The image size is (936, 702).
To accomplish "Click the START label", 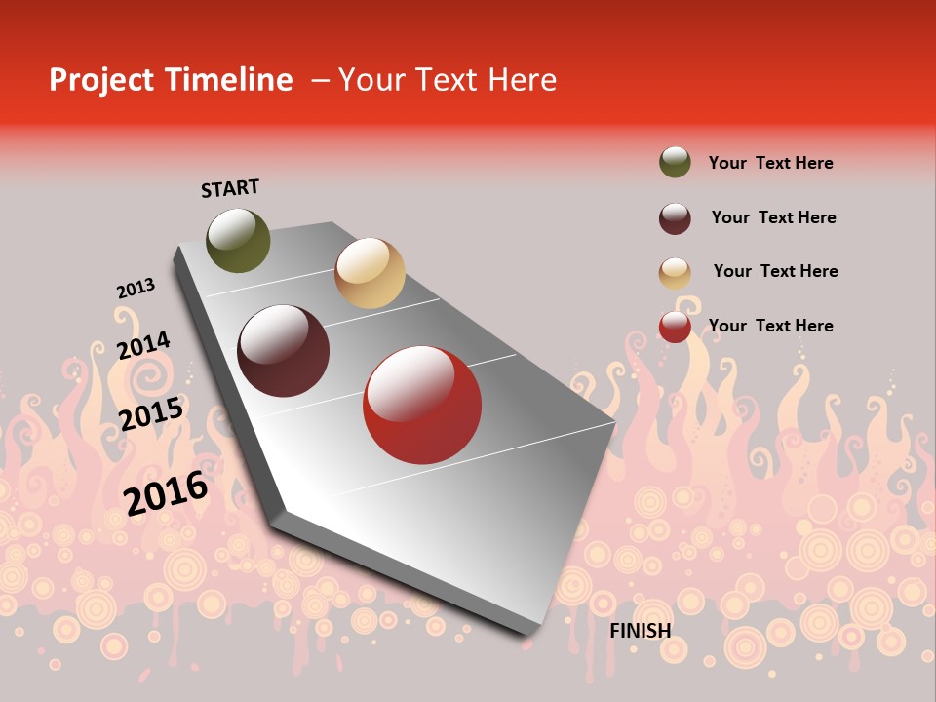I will (x=230, y=188).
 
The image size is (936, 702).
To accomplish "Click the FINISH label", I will (x=641, y=631).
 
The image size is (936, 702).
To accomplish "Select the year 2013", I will (x=136, y=289).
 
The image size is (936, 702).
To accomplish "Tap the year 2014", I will (x=143, y=346).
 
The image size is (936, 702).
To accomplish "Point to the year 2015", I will (x=151, y=414).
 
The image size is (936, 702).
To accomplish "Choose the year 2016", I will (x=166, y=492).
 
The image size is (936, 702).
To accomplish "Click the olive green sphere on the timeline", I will (x=238, y=240).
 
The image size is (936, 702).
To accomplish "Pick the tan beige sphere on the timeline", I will (x=370, y=273).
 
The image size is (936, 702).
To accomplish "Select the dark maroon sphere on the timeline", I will (x=284, y=351).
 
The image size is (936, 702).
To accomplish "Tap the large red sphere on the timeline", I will (x=422, y=405).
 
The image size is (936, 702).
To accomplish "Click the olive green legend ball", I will (x=675, y=162).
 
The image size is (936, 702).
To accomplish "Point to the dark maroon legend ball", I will (x=675, y=218).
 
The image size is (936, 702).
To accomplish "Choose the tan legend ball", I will (x=675, y=273).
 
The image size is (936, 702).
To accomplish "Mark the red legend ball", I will (x=675, y=327).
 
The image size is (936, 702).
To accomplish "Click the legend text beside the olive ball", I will (x=770, y=163).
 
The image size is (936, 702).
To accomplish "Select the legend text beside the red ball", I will (x=770, y=326).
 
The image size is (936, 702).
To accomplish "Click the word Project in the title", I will (x=101, y=80).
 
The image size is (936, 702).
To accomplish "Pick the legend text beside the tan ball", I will (x=775, y=271).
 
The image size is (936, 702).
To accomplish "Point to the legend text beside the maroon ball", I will (x=773, y=217).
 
